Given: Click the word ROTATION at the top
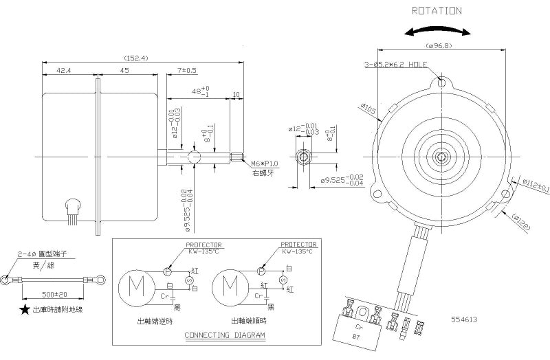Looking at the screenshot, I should pos(436,11).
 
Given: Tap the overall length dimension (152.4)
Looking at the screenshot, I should pos(137,58).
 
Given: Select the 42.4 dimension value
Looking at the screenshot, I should pos(65,70).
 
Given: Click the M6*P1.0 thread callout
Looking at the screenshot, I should pos(264,164).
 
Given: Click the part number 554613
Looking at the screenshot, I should pos(464,319).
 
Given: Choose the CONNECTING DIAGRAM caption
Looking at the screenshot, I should pos(225,336).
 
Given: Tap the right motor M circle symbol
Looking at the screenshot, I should pos(231,284).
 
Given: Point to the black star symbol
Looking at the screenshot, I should pos(25,311).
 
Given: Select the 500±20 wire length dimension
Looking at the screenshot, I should pos(54,294).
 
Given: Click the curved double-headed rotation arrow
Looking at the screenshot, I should pos(438,32).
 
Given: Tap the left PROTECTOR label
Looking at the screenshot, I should pos(205,244).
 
